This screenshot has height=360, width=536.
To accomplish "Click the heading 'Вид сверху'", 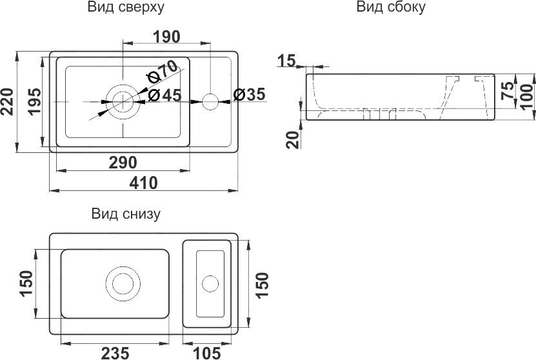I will click(125, 8).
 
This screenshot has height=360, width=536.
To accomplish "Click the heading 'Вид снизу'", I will click(126, 214).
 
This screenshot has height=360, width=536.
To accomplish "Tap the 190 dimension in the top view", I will click(166, 37).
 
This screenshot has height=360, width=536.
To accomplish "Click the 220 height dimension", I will click(8, 101).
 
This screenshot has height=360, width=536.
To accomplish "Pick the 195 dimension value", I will click(35, 101).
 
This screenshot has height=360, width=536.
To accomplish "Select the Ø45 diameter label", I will click(164, 95).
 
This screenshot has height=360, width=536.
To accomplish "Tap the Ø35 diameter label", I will click(248, 95).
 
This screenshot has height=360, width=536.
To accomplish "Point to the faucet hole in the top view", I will click(210, 100).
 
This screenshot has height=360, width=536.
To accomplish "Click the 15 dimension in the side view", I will click(287, 61).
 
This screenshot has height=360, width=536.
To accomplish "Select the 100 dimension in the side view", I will click(527, 97).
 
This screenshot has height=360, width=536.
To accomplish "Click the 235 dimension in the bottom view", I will click(115, 352).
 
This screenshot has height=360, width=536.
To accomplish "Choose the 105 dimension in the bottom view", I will click(207, 352).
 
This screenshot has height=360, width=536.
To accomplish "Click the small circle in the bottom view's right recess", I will click(209, 283).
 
